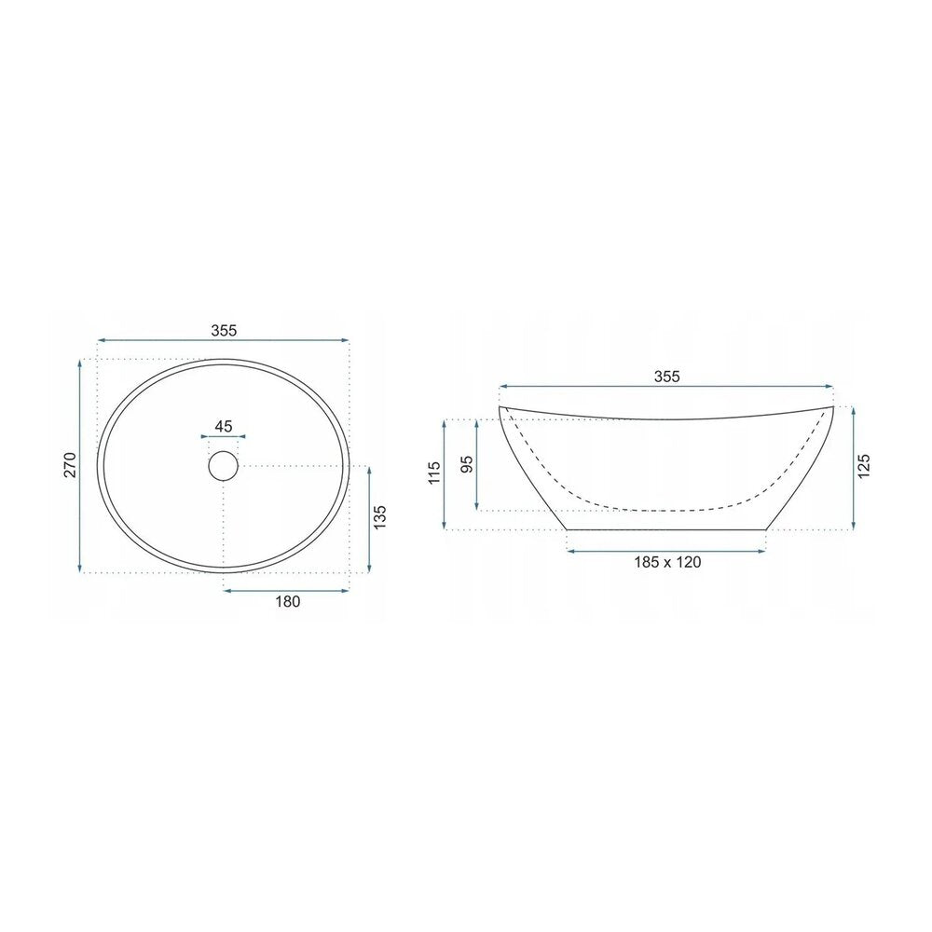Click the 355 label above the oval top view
click(224, 331)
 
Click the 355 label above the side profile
click(666, 377)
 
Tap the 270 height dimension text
click(71, 465)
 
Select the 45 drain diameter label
click(224, 426)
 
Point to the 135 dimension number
click(380, 517)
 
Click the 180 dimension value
click(288, 601)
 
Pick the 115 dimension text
click(434, 473)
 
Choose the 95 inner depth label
click(467, 464)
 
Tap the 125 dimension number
click(864, 466)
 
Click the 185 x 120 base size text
click(667, 562)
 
